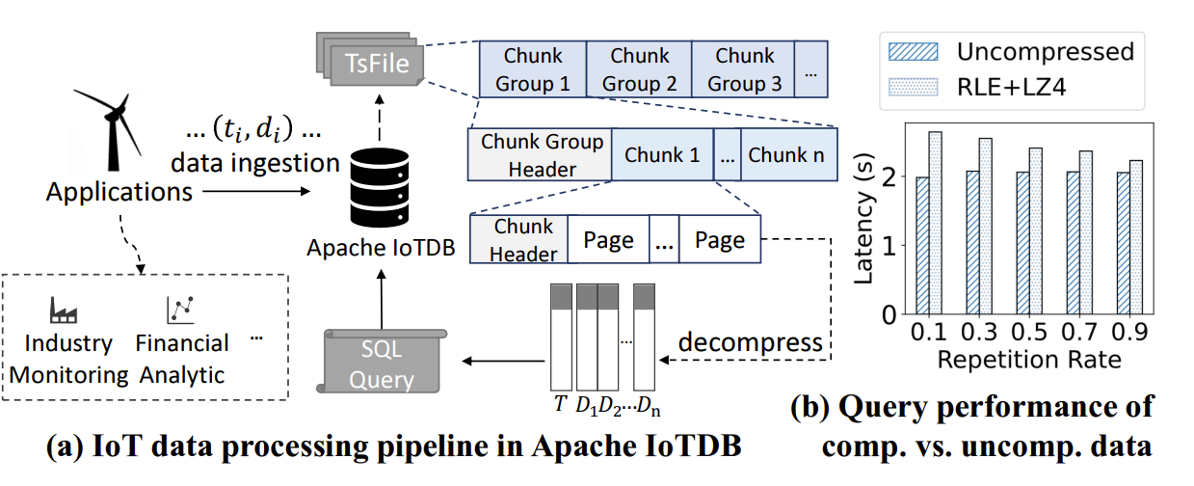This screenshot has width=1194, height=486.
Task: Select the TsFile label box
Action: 378,65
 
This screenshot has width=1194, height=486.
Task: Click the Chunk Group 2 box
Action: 638,69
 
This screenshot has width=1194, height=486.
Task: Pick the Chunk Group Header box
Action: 540,154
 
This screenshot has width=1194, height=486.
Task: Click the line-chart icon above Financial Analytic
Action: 180,308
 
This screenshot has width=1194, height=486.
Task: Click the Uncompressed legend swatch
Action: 907,50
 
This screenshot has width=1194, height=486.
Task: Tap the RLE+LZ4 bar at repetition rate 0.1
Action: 935,222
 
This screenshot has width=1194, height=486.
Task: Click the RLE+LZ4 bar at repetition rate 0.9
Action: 1135,236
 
